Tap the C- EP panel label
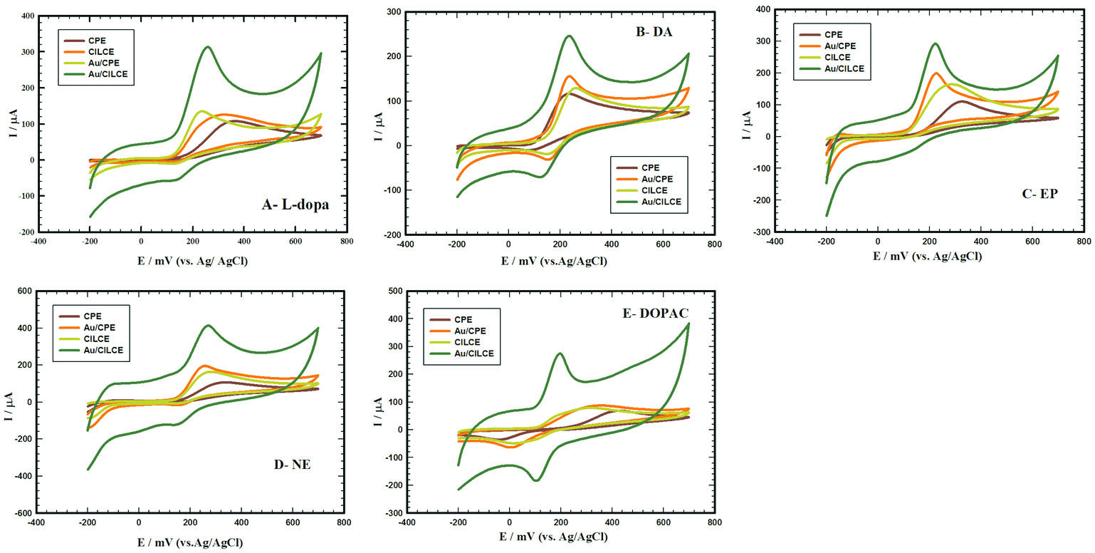point(1040,193)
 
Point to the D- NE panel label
point(292,465)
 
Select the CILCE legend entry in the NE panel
point(98,338)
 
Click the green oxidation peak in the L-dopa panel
point(207,48)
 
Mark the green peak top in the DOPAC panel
point(560,353)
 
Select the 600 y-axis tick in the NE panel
point(24,291)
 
